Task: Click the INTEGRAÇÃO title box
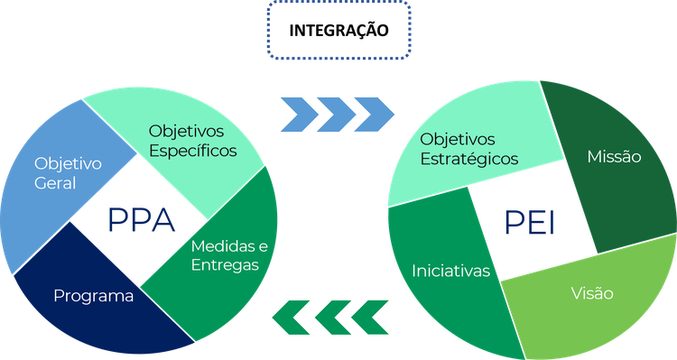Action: (x=338, y=30)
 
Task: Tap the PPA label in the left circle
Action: (x=141, y=219)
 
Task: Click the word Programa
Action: (x=94, y=296)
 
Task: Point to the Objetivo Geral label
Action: (x=68, y=173)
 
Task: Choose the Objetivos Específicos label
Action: (x=192, y=141)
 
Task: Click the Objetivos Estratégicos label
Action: (x=469, y=149)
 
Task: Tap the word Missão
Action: (x=614, y=157)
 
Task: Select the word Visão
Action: (x=592, y=294)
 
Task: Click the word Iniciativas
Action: (x=450, y=271)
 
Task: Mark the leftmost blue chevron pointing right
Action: (x=297, y=110)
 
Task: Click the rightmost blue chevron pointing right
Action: (x=375, y=110)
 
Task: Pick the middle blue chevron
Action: (x=336, y=110)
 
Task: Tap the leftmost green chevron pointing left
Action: (x=292, y=315)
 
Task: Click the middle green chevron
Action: (x=330, y=315)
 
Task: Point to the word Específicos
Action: (x=192, y=151)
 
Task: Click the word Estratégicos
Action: (x=469, y=159)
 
